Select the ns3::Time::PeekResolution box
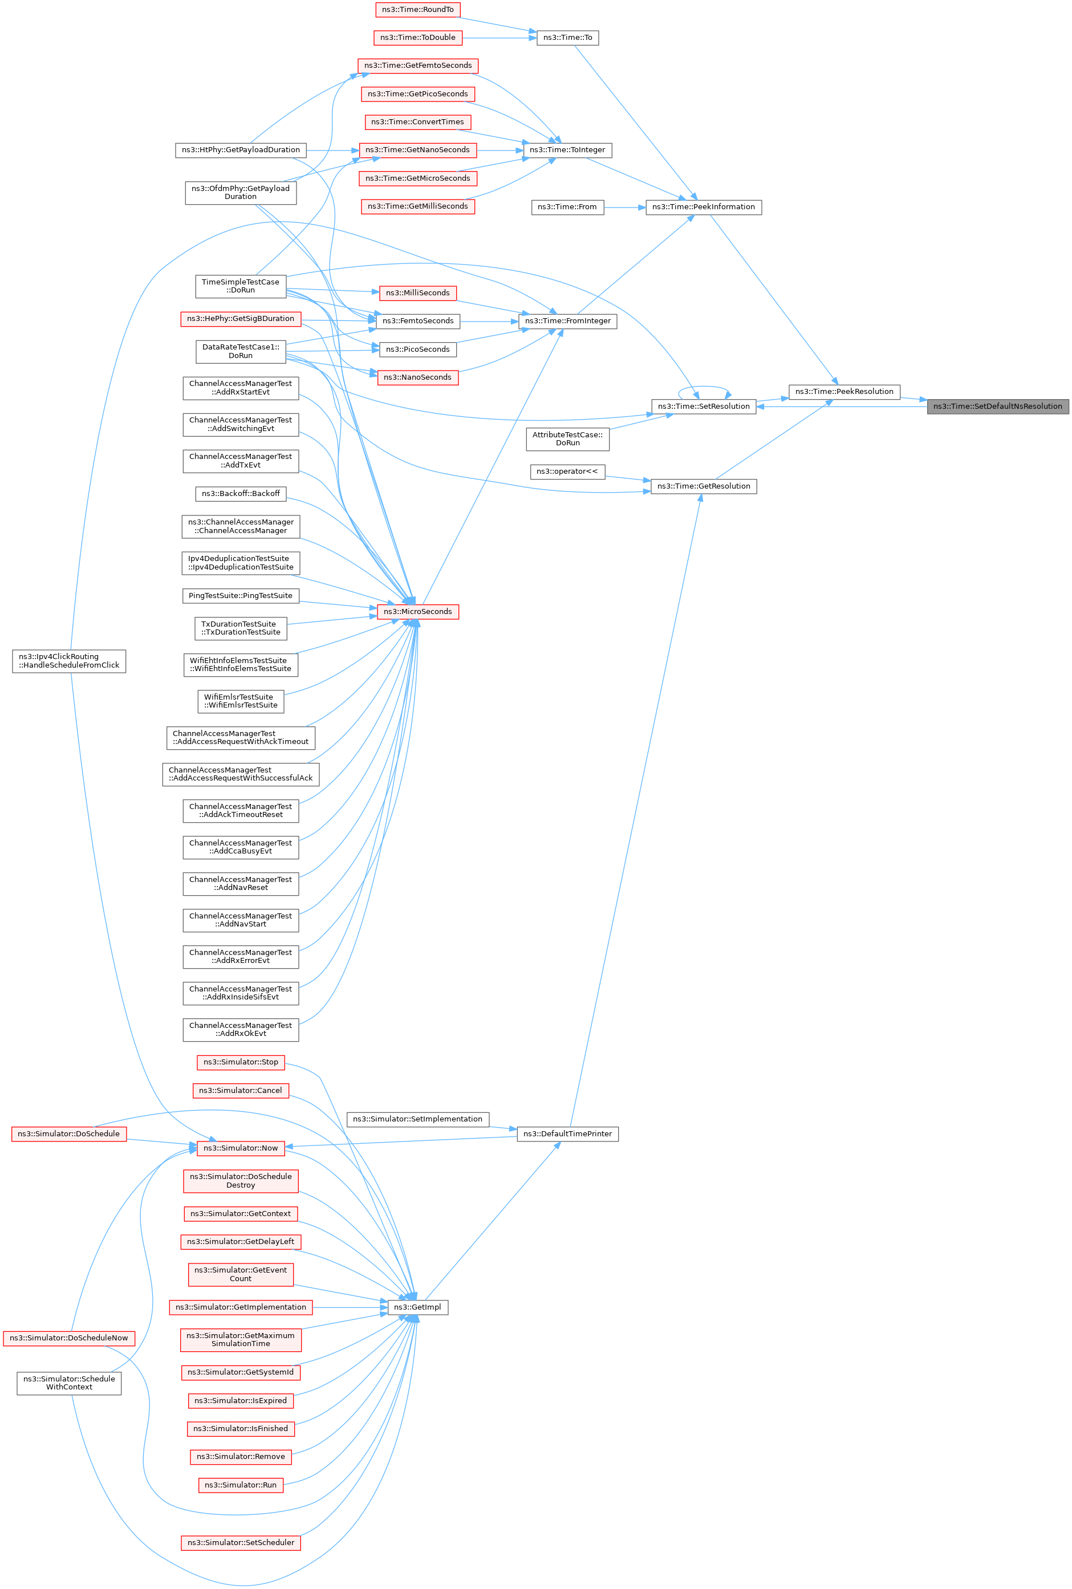coord(844,392)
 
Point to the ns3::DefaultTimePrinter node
coord(567,1134)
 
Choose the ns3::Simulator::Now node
coord(240,1148)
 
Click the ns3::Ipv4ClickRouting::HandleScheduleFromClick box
coord(68,661)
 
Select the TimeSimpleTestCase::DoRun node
coord(240,286)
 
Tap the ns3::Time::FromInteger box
coord(567,321)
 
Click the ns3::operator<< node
coord(567,472)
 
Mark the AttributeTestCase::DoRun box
coord(567,439)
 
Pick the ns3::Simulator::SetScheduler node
coord(240,1542)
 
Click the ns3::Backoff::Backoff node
coord(240,493)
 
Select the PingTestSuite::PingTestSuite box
coord(240,596)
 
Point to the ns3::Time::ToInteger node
coord(567,151)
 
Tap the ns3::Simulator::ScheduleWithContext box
coord(68,1383)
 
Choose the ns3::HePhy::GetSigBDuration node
coord(240,319)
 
